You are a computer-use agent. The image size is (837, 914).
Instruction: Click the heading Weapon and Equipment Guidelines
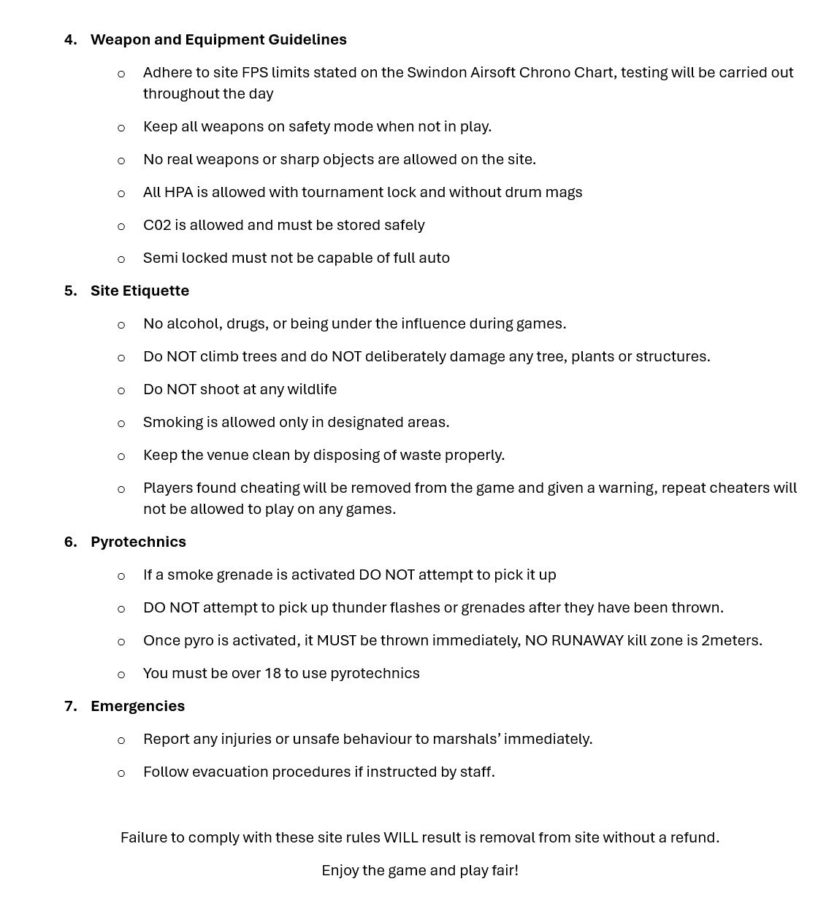[218, 39]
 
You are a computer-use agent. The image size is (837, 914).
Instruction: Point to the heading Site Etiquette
[139, 291]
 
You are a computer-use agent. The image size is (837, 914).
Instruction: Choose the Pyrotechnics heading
[138, 542]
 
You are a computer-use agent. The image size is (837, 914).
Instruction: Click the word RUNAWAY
[586, 640]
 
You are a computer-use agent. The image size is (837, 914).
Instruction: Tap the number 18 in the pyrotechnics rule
[272, 673]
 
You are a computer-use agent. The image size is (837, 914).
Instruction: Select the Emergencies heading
[137, 706]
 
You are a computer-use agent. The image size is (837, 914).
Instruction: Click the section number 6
[70, 542]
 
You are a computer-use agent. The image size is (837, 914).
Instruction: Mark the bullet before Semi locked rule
[121, 259]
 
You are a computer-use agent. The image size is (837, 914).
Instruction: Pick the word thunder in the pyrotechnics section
[359, 607]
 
